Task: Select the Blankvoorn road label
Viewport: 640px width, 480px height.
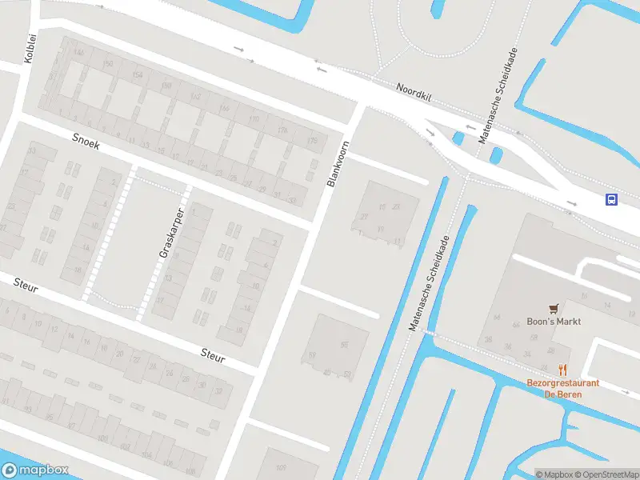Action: pos(338,164)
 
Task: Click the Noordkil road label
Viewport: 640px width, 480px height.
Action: pos(414,90)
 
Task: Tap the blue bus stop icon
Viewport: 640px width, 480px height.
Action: pos(611,200)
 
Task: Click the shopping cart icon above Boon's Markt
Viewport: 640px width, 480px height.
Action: pos(554,308)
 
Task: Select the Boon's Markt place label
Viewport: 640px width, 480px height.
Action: pos(554,322)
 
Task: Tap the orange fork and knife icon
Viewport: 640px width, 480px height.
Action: pos(563,370)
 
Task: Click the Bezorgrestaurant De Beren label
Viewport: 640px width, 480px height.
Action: pos(563,389)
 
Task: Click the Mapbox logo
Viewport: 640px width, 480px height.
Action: pos(34,470)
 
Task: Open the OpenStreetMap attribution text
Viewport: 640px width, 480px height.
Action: pos(602,474)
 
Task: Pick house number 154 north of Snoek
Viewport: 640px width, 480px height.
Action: pos(137,74)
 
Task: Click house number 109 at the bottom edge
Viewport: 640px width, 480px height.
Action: pos(281,467)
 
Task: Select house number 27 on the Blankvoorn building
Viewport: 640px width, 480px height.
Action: pos(364,217)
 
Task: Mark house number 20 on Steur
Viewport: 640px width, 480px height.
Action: pos(120,353)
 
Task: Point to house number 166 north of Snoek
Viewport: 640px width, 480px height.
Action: pos(225,108)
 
